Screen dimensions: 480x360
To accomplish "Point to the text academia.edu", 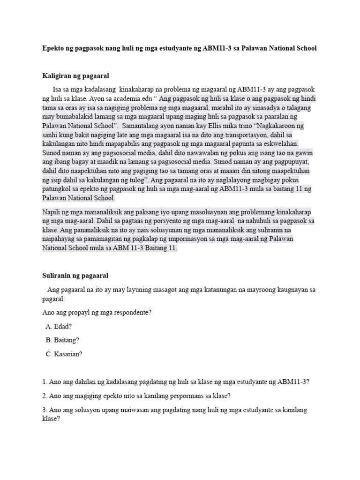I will pyautogui.click(x=135, y=99).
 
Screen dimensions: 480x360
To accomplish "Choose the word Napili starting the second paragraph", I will pyautogui.click(x=52, y=212).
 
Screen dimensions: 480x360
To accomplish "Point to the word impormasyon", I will pyautogui.click(x=212, y=239).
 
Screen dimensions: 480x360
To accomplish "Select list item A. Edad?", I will pyautogui.click(x=59, y=326).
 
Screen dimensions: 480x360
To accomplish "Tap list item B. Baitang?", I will pyautogui.click(x=62, y=340).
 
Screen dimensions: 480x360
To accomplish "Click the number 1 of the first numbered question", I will pyautogui.click(x=44, y=382).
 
